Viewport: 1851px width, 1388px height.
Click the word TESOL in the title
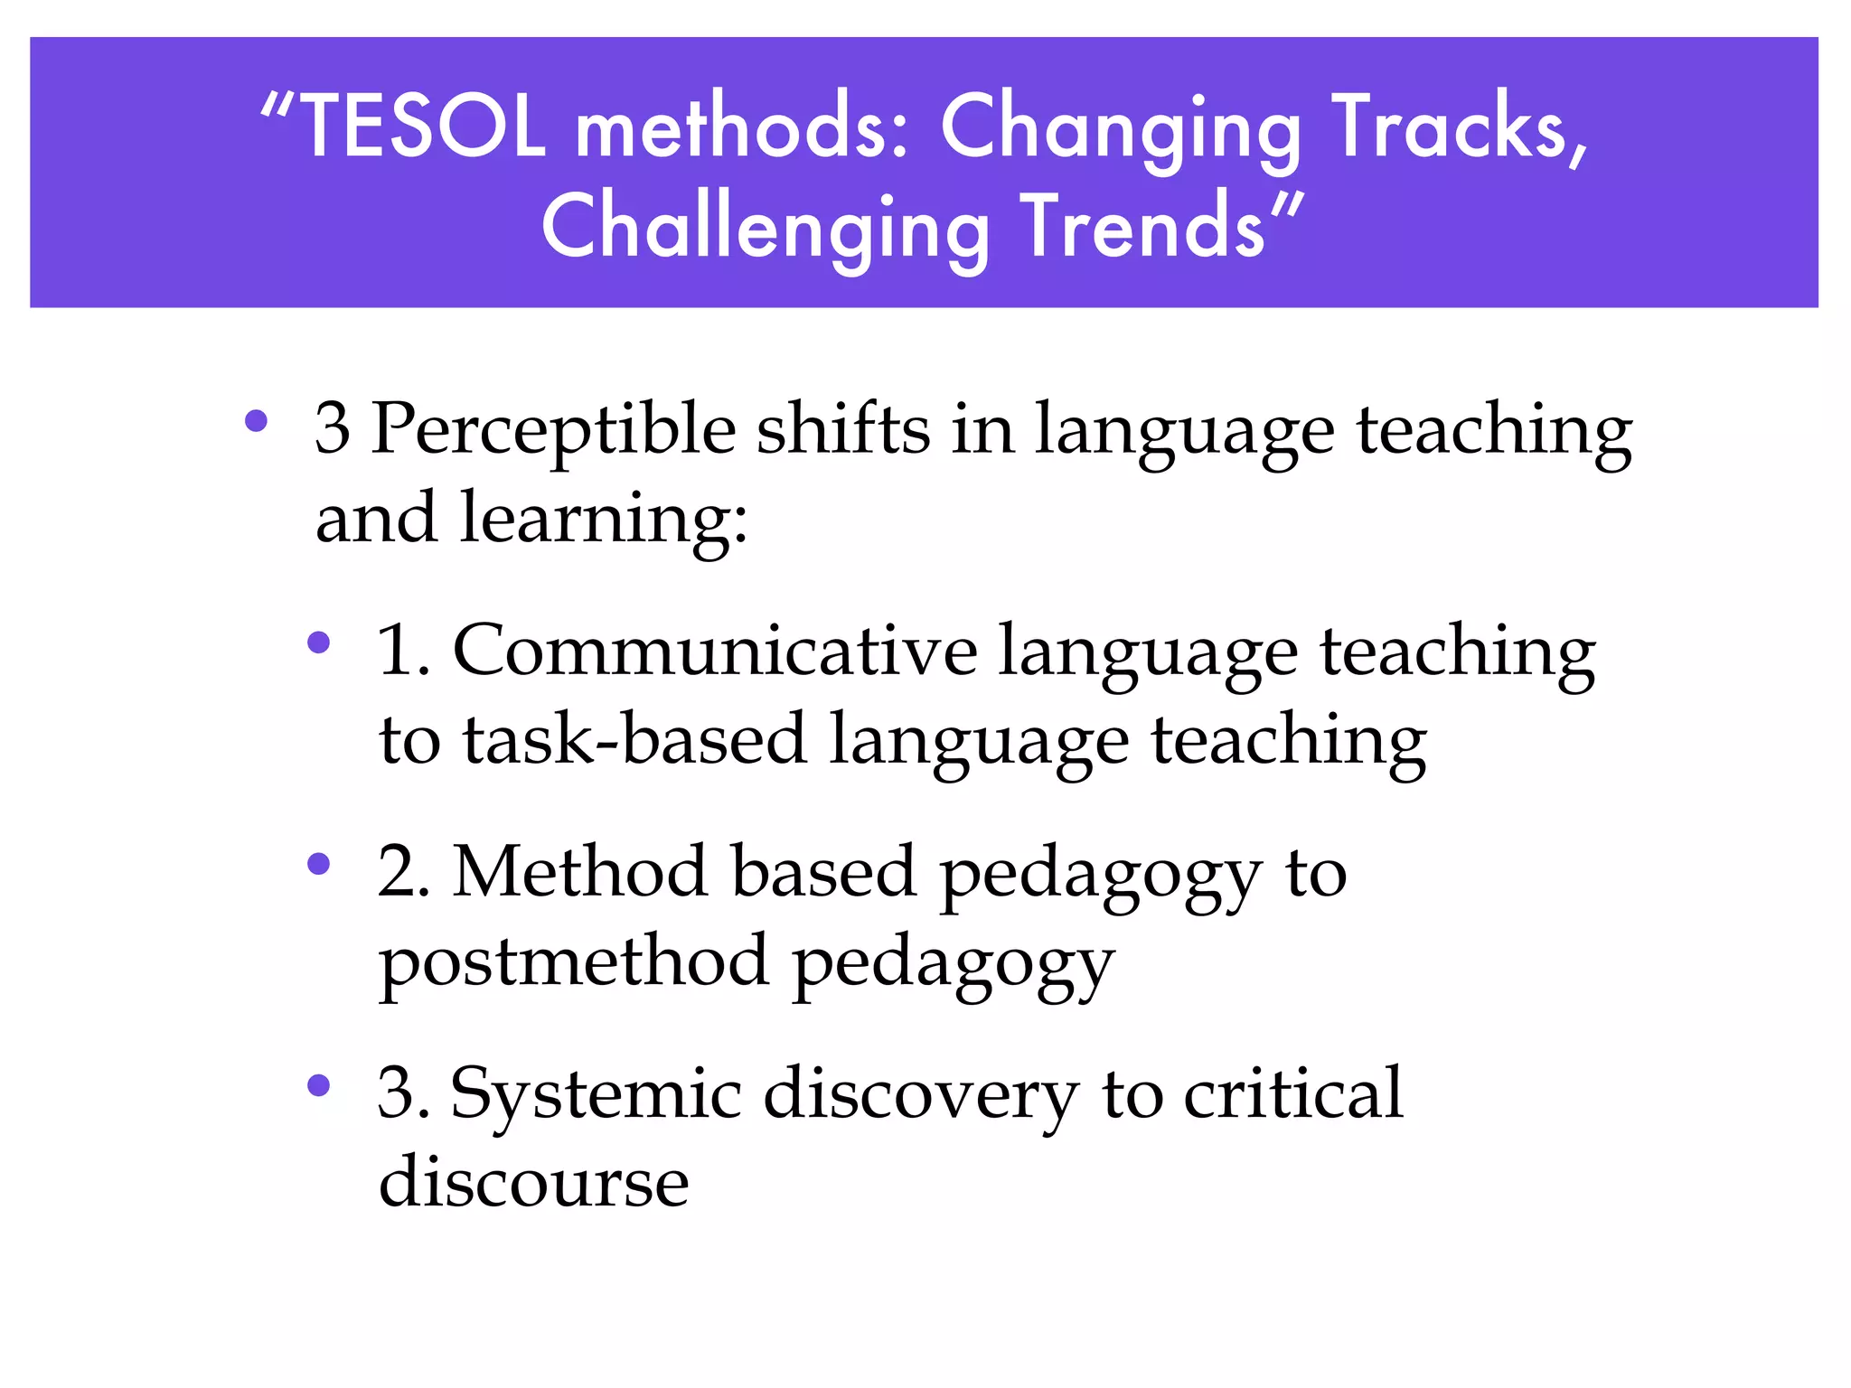click(422, 127)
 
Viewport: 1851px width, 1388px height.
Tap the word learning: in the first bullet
click(604, 520)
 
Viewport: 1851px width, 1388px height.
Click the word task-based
click(635, 739)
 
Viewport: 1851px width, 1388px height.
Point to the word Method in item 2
click(579, 872)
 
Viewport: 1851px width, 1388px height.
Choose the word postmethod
click(574, 963)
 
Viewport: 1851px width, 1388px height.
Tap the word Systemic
click(596, 1093)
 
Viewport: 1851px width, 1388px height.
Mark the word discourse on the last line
click(533, 1182)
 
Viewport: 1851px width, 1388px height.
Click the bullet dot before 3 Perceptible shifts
click(257, 420)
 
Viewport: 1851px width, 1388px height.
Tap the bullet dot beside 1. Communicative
click(318, 642)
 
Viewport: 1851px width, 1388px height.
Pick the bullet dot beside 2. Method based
click(318, 865)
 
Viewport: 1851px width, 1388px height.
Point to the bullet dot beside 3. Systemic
click(318, 1085)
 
